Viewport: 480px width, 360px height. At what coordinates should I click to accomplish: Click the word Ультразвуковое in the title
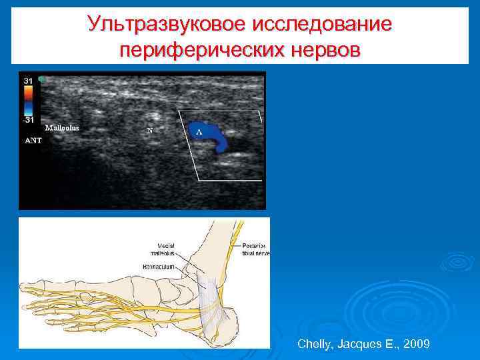tap(167, 25)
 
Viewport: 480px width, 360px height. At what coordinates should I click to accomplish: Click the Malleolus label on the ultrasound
tap(62, 128)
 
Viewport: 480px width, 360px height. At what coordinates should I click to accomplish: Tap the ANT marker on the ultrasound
tap(33, 141)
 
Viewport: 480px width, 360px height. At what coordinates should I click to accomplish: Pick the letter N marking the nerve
tap(149, 131)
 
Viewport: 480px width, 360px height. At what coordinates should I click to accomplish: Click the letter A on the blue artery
tap(199, 133)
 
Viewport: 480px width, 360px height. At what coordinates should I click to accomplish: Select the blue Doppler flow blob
tap(212, 136)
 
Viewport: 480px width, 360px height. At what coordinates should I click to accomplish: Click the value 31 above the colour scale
tap(29, 81)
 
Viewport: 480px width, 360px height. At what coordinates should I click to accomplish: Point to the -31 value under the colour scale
tap(28, 120)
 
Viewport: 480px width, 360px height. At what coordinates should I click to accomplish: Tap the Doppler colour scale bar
tap(28, 100)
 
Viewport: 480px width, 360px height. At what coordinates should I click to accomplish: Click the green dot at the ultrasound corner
tap(41, 79)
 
